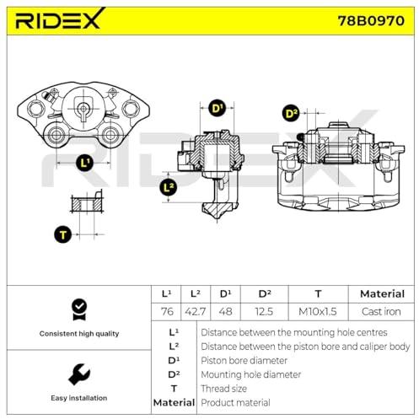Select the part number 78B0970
(x=371, y=20)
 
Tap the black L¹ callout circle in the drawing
(x=84, y=163)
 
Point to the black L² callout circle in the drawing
(x=169, y=187)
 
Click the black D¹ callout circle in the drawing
(x=217, y=109)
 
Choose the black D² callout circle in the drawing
(x=291, y=114)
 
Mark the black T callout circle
(x=62, y=234)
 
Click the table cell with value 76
(x=167, y=311)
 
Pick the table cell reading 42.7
(x=196, y=311)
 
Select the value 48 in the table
(x=225, y=311)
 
